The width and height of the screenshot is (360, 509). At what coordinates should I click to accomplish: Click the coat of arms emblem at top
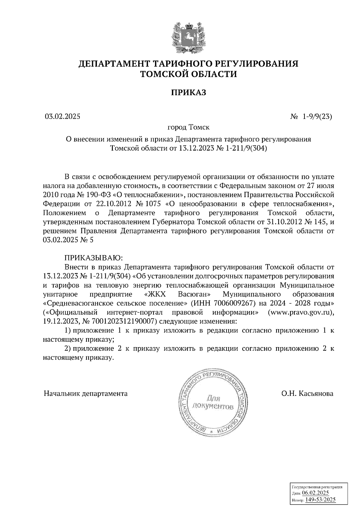point(188,37)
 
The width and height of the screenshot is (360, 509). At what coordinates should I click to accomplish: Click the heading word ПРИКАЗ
point(188,92)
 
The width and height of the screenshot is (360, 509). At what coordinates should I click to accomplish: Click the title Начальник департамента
point(85,393)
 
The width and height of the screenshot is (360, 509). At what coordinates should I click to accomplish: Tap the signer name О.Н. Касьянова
point(307,393)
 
